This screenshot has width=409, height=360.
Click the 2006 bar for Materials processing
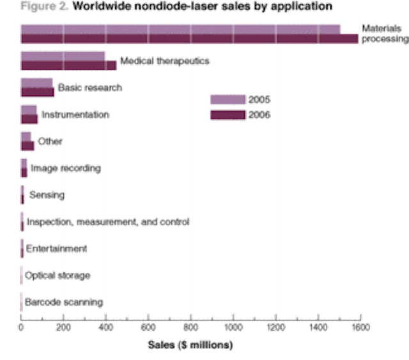[x=190, y=38]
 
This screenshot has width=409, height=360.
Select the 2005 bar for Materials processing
[x=180, y=29]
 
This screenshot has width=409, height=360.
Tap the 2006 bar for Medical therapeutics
[x=68, y=65]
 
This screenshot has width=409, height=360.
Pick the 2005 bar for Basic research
[x=37, y=83]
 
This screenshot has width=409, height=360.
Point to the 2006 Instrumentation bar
[x=29, y=119]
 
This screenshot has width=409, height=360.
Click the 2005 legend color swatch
[x=228, y=100]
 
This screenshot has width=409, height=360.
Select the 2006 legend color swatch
[x=228, y=115]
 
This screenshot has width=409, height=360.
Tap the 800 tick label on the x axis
[x=190, y=327]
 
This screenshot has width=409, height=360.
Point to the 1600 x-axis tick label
[x=360, y=327]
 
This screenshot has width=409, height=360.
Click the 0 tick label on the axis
[x=21, y=327]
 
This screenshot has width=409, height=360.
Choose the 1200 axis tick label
[x=275, y=327]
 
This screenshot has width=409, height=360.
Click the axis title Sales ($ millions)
[x=190, y=345]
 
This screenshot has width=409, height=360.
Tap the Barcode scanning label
[x=64, y=302]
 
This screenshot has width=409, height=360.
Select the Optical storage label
[x=58, y=276]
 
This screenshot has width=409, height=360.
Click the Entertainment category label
[x=56, y=249]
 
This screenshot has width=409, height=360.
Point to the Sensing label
[x=47, y=195]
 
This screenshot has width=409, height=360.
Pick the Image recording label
[x=66, y=168]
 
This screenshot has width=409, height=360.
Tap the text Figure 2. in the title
[x=44, y=6]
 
